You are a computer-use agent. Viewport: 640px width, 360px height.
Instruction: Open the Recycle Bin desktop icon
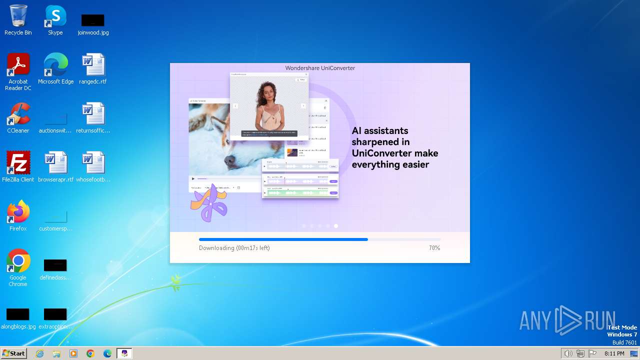[x=18, y=16]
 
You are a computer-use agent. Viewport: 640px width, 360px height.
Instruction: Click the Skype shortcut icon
[x=55, y=16]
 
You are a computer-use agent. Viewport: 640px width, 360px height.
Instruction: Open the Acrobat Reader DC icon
[x=18, y=65]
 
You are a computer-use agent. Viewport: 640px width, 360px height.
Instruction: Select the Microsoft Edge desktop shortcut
[x=55, y=65]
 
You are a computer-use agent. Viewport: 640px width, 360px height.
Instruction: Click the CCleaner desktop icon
[x=18, y=114]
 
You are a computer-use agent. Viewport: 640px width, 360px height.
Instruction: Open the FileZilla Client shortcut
[x=18, y=163]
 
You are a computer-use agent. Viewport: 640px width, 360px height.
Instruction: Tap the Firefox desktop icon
[x=18, y=212]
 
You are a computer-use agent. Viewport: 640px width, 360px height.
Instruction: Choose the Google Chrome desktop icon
[x=18, y=261]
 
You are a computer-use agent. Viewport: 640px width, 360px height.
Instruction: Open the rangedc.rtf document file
[x=93, y=65]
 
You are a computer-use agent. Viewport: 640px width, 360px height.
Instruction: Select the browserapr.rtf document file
[x=55, y=163]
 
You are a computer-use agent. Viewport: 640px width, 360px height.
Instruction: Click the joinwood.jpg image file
[x=93, y=20]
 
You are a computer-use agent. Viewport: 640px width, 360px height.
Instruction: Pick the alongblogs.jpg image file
[x=18, y=314]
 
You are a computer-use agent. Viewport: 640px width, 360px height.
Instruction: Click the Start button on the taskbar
[x=14, y=353]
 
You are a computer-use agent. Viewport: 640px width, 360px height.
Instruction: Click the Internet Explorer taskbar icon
[x=40, y=353]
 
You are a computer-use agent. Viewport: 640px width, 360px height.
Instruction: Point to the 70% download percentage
[x=434, y=248]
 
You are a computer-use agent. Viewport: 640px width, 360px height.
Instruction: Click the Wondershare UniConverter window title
[x=320, y=68]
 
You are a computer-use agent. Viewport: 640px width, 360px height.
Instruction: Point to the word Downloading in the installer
[x=216, y=248]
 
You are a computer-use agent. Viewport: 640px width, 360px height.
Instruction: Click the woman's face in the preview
[x=267, y=91]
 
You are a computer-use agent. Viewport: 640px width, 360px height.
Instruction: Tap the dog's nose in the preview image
[x=230, y=160]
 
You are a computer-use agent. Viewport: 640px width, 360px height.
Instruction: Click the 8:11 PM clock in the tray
[x=614, y=353]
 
